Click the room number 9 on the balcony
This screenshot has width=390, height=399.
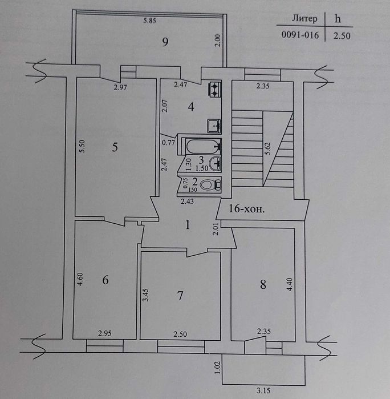tap(165, 42)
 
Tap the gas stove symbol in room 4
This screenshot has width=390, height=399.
tap(215, 90)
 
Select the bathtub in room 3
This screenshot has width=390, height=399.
tap(203, 147)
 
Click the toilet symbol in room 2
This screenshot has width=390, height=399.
tap(210, 185)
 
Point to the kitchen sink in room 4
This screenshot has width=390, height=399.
tap(214, 126)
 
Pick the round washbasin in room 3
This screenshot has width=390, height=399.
tap(216, 164)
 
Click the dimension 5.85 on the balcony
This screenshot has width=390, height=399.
tap(149, 21)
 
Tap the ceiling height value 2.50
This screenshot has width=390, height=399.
tap(342, 36)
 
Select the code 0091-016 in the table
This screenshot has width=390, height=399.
tap(300, 35)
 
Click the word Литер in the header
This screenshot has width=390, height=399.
tap(304, 19)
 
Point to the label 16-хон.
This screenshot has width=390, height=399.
tap(246, 209)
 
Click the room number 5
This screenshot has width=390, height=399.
tap(115, 147)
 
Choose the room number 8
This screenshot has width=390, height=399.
tap(263, 284)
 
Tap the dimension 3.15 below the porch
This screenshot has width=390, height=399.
tap(263, 390)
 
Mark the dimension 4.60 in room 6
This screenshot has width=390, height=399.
tap(80, 279)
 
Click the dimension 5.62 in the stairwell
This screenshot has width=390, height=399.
tap(268, 148)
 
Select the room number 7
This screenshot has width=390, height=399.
tap(180, 296)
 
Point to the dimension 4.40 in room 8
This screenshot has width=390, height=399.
tap(290, 284)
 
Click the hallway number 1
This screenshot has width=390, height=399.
tap(188, 225)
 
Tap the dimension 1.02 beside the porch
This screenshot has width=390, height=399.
tap(217, 368)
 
